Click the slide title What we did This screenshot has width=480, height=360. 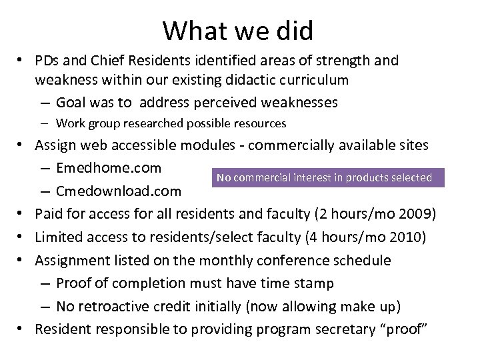coord(241,29)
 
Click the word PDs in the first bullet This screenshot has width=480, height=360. coord(50,61)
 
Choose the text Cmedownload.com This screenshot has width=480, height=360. coord(118,192)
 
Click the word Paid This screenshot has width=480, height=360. coord(49,214)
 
